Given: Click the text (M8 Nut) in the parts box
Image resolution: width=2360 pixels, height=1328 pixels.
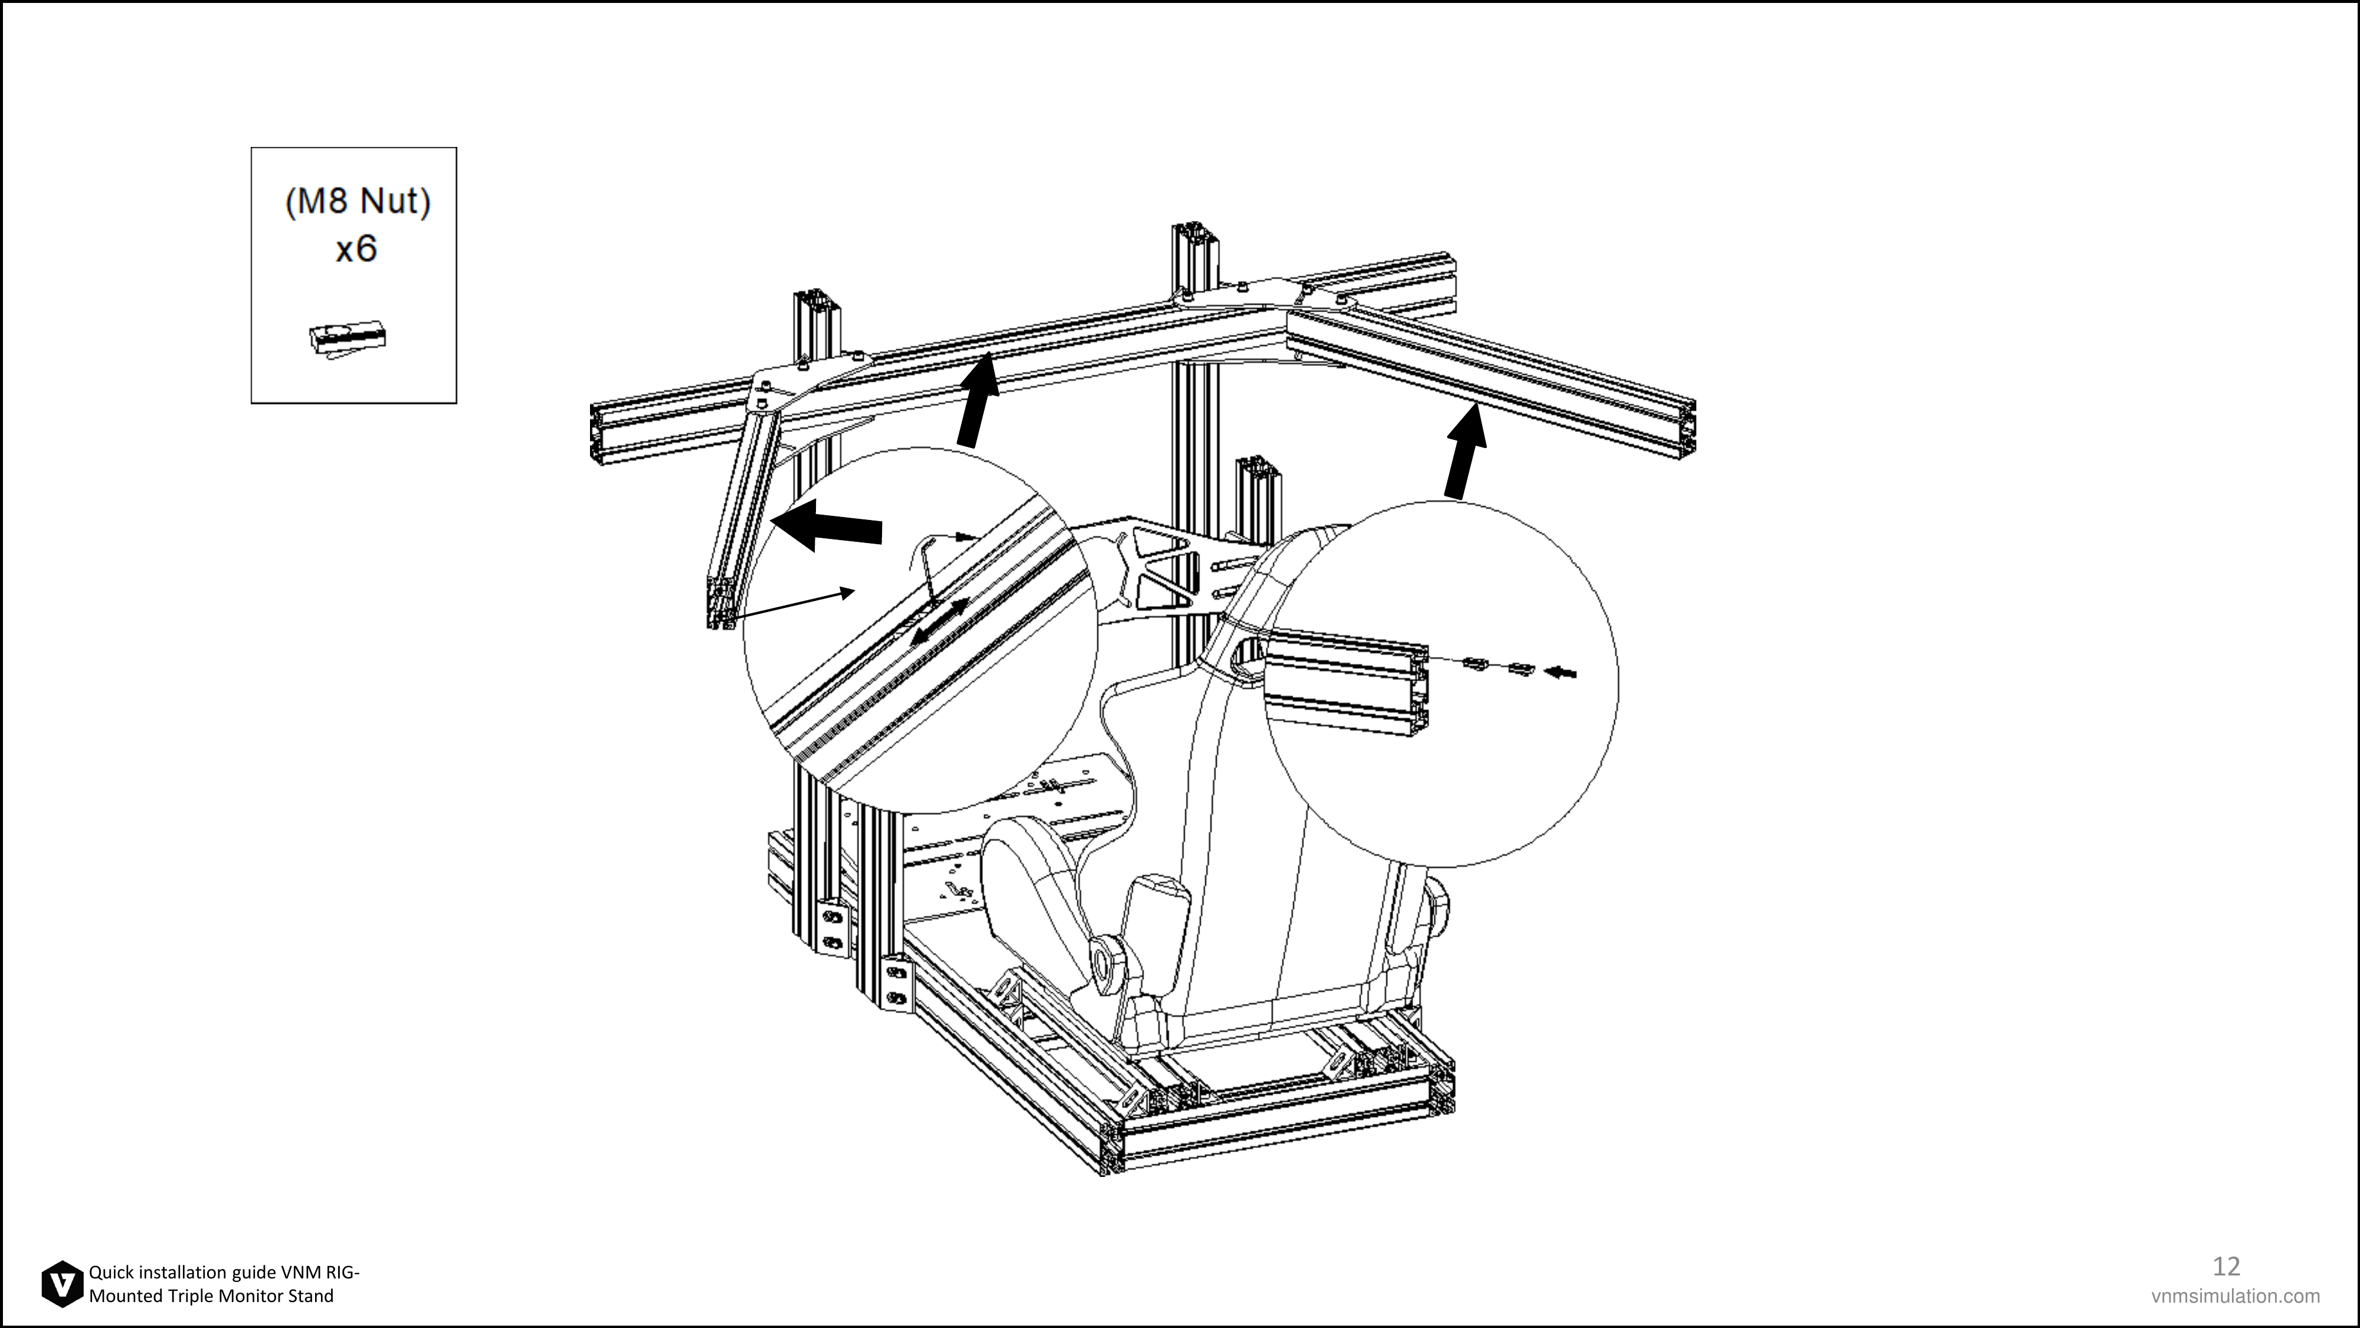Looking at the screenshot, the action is coord(358,202).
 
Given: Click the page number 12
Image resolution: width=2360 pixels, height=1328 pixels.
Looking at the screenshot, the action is coord(2226,1265).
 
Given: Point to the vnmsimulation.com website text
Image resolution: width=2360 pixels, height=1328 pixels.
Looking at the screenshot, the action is coord(2236,1296).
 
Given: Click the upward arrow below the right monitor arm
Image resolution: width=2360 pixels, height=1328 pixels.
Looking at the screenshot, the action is coord(1466,452).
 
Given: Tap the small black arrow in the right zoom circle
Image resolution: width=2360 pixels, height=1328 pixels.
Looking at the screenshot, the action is coord(1560,673).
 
